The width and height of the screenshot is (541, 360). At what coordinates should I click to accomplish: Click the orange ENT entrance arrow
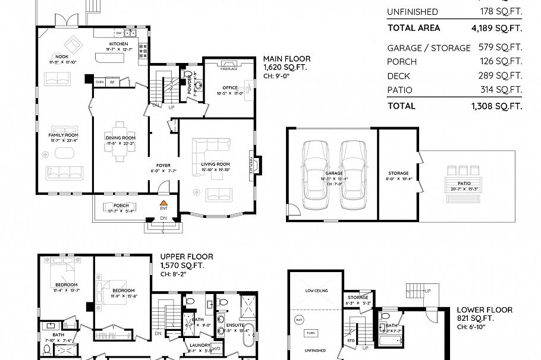[162, 203]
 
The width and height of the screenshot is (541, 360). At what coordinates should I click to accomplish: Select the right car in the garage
[354, 175]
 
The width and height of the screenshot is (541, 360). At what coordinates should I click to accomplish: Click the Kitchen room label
[118, 44]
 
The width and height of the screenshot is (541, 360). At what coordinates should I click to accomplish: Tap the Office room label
[230, 87]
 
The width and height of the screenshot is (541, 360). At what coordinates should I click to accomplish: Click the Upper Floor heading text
[186, 257]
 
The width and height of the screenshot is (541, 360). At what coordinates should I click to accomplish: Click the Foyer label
[163, 165]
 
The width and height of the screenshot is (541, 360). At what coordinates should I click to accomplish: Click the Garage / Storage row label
[428, 48]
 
